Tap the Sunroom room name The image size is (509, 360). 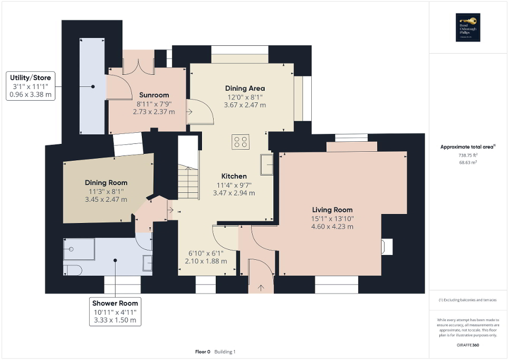tap(154, 95)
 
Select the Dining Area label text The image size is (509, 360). tap(245, 88)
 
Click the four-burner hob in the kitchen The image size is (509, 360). tap(241, 142)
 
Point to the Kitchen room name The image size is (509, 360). tap(234, 176)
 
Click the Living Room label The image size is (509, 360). tap(332, 210)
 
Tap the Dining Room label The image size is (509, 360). tap(106, 183)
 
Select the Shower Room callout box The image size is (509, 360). tap(115, 311)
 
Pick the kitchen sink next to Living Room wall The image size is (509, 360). tap(266, 164)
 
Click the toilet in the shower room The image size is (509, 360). tap(72, 270)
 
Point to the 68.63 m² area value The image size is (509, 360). tap(468, 163)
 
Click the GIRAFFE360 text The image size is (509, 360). tap(468, 344)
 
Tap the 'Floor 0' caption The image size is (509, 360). tap(203, 352)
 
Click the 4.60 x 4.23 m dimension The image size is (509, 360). tap(332, 227)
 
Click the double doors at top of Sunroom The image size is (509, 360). tap(138, 66)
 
